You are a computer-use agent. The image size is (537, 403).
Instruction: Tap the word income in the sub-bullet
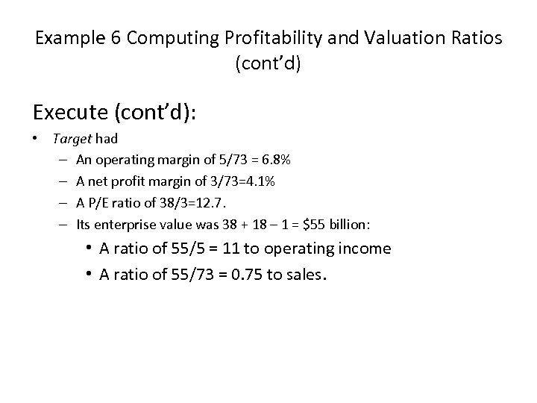(x=365, y=249)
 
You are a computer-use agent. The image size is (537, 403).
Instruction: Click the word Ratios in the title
(x=477, y=38)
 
